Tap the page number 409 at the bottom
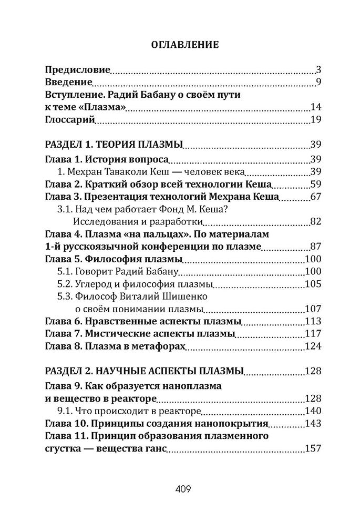pyautogui.click(x=180, y=488)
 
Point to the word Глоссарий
pyautogui.click(x=69, y=120)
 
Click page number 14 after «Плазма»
pyautogui.click(x=315, y=108)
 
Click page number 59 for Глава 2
pyautogui.click(x=315, y=184)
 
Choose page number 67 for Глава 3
pyautogui.click(x=315, y=197)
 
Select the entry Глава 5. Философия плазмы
pyautogui.click(x=113, y=260)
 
